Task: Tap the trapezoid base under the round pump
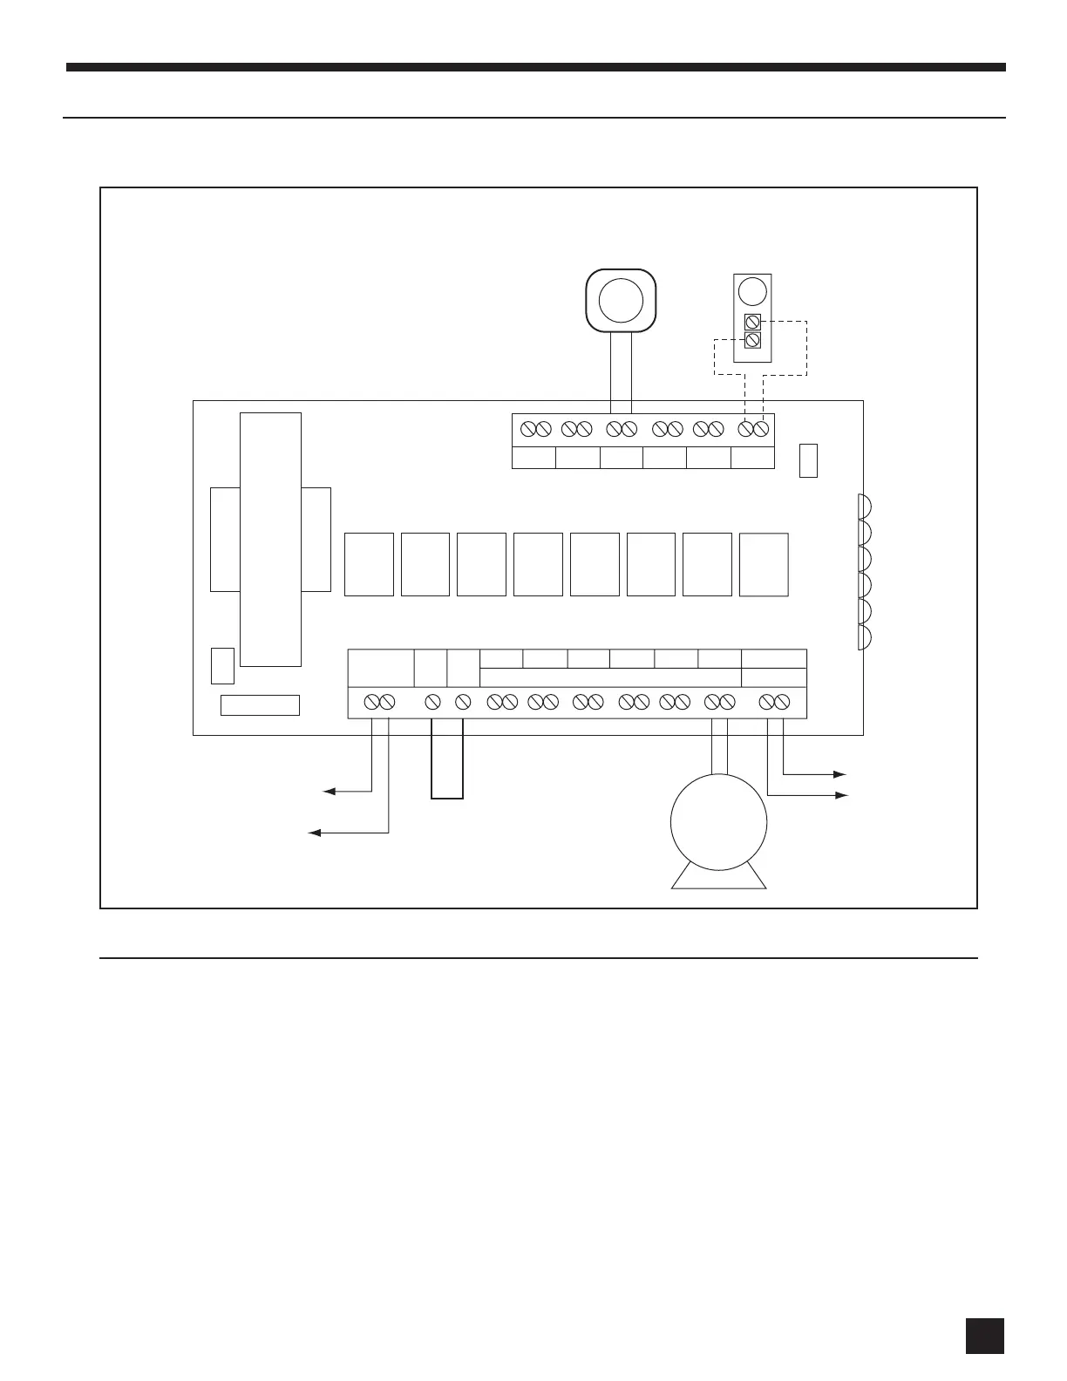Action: [x=719, y=878]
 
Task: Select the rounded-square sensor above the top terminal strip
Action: [x=621, y=300]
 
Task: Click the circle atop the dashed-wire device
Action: [x=751, y=291]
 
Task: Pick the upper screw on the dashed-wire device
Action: [x=752, y=322]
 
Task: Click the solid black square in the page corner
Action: [x=985, y=1336]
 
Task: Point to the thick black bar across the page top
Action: [x=536, y=67]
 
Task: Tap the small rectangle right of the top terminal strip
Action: [x=808, y=459]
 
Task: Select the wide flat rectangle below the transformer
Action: [x=260, y=705]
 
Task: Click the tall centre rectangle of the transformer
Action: [x=271, y=539]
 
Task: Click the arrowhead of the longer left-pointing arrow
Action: [x=315, y=833]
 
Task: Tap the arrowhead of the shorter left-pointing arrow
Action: [x=329, y=792]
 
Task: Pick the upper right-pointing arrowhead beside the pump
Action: [x=840, y=774]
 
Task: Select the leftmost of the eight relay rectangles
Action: [x=369, y=564]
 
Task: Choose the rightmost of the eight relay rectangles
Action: [x=764, y=564]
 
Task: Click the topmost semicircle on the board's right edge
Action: [x=864, y=507]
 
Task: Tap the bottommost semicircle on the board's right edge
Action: [x=864, y=636]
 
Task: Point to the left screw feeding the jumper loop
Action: [x=432, y=701]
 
